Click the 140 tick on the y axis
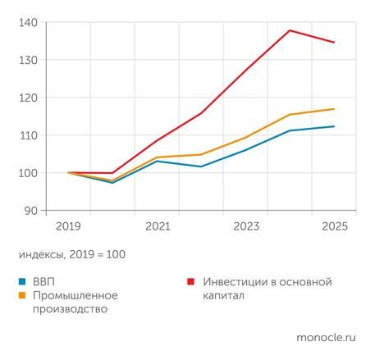coord(28,22)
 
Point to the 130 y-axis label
coord(28,60)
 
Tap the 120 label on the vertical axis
coord(28,98)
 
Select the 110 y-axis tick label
coord(28,135)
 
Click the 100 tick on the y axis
coord(28,173)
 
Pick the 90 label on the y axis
coord(31,211)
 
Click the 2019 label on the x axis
coord(67,226)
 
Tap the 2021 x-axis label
coord(157,226)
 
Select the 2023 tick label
coord(246,226)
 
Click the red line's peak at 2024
coord(290,30)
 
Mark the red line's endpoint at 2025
coord(334,43)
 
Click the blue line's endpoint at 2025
coord(334,126)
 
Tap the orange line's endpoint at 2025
coord(334,109)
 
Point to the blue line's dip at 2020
coord(112,183)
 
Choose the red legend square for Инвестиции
coord(190,282)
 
